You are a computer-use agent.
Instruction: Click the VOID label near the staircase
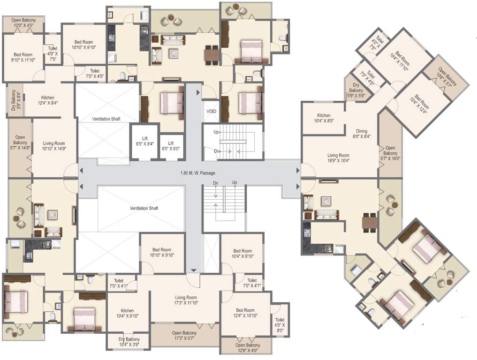tap(212, 112)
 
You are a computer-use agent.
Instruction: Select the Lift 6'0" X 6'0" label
tap(171, 146)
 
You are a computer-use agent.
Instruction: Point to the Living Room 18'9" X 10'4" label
tap(338, 158)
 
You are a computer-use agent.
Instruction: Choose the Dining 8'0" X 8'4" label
tap(361, 134)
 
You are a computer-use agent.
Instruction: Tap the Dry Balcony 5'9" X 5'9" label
tap(355, 93)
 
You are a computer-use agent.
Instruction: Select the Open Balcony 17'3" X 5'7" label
tap(184, 336)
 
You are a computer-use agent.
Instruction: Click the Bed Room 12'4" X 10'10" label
tap(245, 313)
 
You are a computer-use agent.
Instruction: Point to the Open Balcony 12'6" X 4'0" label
tap(247, 347)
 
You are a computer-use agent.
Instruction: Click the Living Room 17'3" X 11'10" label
tap(186, 300)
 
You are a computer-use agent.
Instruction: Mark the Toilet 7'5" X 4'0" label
tap(95, 73)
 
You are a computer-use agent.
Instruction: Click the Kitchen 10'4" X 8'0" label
tap(324, 118)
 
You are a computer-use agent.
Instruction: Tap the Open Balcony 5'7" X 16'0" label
tap(390, 153)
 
